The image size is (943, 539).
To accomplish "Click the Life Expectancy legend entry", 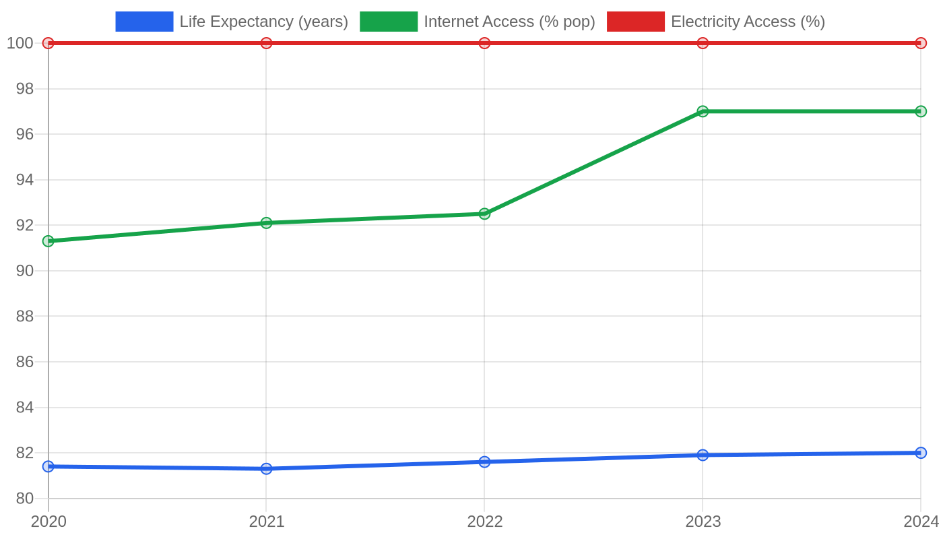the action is coord(232,22).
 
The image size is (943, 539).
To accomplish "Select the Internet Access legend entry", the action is coord(478,22).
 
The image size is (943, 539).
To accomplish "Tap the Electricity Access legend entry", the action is coord(715,22).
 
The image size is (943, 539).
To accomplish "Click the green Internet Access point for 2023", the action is coord(703,111).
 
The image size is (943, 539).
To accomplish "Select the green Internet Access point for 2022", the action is coord(484,214).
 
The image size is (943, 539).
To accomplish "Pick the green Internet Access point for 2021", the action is coord(266,223).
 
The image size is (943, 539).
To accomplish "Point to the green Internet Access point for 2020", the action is coord(48,241).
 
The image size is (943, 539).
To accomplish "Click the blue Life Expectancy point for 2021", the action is coord(266,469).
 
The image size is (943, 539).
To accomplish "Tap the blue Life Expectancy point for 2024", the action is coord(921,453).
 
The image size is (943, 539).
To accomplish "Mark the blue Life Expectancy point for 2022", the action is coord(484,462).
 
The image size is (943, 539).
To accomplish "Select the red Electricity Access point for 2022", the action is coord(484,43).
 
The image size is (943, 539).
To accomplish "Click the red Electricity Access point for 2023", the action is coord(703,43).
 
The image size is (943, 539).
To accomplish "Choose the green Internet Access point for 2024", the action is coord(921,111).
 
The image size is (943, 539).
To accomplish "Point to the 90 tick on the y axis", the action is coord(25,271).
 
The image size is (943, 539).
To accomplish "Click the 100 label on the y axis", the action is coord(20,43).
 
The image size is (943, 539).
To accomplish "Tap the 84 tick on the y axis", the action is coord(25,407).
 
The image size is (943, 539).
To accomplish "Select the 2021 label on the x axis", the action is coord(267,521).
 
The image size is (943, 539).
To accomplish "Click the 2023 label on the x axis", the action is coord(703,521).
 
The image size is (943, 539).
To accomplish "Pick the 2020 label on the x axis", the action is coord(48,521).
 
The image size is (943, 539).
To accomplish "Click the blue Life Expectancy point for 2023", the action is coord(703,455).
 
